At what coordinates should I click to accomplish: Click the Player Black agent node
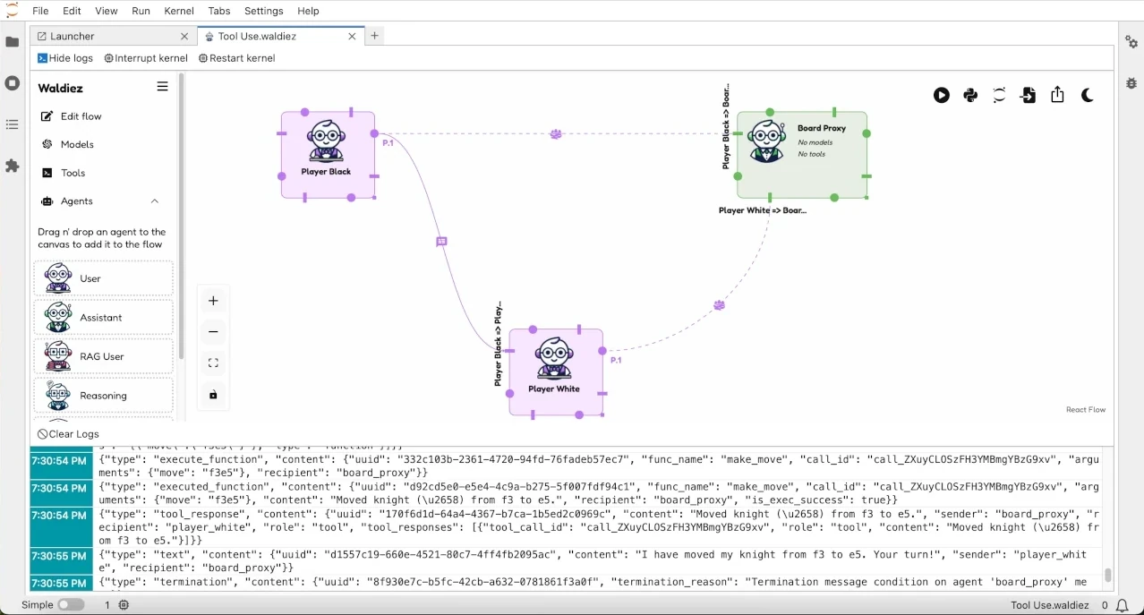(327, 154)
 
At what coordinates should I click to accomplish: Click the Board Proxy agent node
(801, 154)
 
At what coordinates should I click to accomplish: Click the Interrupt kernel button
(146, 58)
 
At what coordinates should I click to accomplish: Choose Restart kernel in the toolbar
(236, 58)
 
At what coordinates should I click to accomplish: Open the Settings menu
(263, 11)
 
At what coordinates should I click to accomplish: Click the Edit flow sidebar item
(81, 116)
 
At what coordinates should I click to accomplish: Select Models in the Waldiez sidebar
(77, 144)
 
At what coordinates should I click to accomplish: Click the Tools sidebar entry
(73, 173)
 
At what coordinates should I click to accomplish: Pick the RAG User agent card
(103, 356)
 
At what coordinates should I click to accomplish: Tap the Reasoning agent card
(103, 396)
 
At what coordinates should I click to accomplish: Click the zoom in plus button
(213, 301)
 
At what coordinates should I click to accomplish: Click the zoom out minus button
(213, 332)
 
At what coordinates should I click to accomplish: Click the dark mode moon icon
(1088, 95)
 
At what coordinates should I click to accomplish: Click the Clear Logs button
(69, 434)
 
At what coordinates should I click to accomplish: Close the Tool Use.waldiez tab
(352, 37)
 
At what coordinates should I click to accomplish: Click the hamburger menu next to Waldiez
(162, 87)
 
